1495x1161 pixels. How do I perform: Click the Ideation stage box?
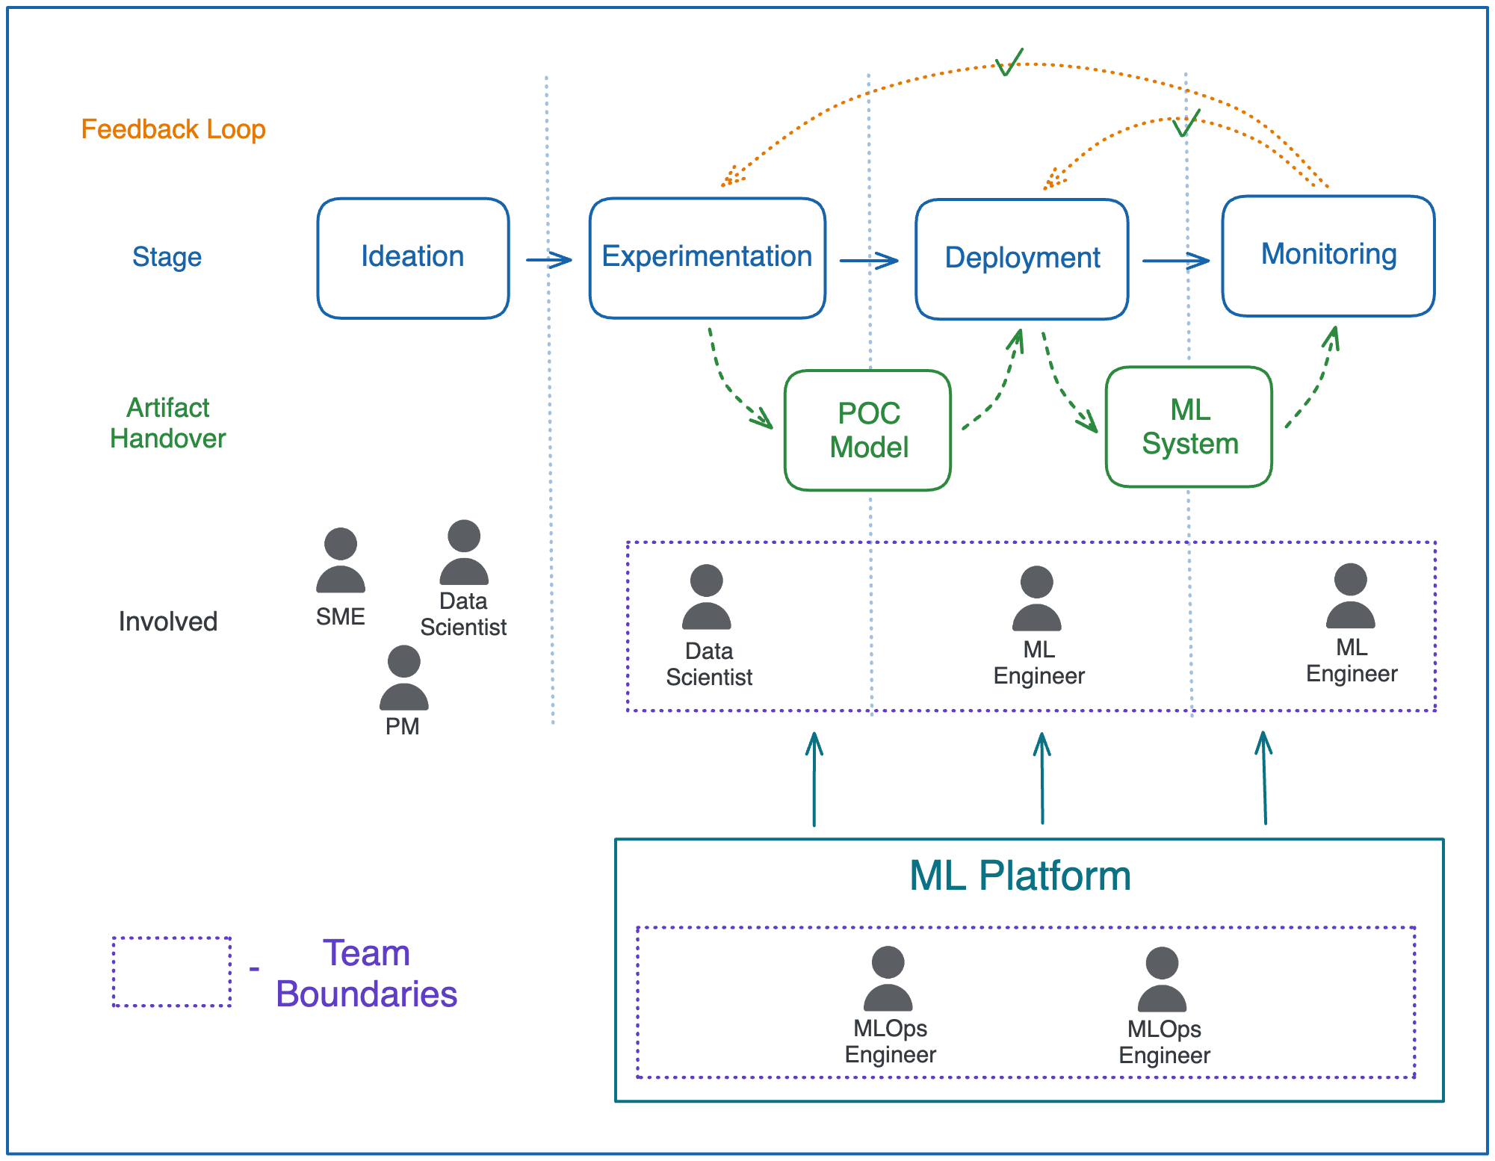412,258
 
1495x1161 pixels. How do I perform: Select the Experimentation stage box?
707,258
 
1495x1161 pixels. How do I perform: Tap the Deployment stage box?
1021,258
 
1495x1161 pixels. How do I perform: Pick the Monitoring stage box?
1328,256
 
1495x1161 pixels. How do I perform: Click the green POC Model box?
867,430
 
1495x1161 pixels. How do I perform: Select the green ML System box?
1189,427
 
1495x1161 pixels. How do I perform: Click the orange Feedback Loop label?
173,129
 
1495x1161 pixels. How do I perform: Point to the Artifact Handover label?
167,423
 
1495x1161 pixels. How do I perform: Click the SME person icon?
341,561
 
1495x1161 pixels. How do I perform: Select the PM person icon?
403,678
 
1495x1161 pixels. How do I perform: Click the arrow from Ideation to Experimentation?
549,260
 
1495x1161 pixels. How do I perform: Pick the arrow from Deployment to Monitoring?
1175,261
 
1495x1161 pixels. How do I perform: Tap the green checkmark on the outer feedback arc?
1008,63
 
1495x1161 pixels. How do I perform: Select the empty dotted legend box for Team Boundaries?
171,971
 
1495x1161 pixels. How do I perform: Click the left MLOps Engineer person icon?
888,979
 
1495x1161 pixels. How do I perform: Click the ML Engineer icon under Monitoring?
1350,596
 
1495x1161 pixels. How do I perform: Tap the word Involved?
167,622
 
